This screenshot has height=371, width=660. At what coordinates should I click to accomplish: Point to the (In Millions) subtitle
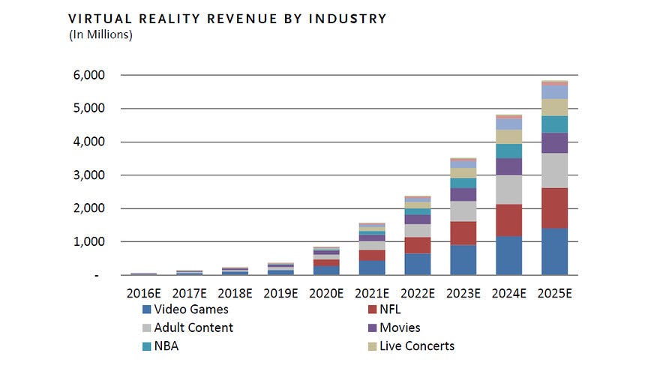[x=100, y=34]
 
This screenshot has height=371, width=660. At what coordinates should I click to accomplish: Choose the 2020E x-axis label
[x=325, y=292]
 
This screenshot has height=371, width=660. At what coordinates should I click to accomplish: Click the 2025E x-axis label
[x=555, y=292]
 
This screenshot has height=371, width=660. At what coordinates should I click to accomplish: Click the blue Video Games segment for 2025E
[x=554, y=252]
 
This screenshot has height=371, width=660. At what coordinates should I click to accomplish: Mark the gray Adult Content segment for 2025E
[x=554, y=170]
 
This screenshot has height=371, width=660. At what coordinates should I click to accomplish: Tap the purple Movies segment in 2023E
[x=463, y=194]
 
